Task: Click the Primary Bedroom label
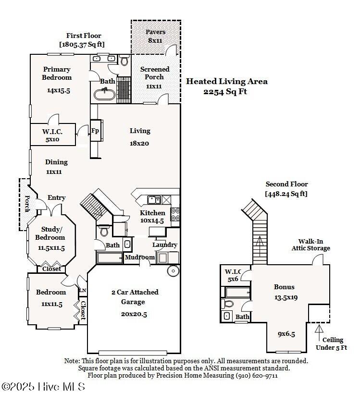tap(57, 74)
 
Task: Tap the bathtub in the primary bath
tap(104, 94)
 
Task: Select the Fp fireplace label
tap(95, 131)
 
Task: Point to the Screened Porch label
tap(154, 73)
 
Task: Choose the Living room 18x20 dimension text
tap(139, 143)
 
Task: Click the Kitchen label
tap(152, 213)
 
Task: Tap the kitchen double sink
tap(154, 200)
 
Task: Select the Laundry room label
tap(164, 245)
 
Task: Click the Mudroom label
tap(140, 258)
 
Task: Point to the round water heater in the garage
tap(173, 271)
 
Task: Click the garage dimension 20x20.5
tap(134, 313)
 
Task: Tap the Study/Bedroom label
tap(50, 233)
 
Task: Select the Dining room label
tap(56, 162)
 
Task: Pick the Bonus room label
tap(284, 287)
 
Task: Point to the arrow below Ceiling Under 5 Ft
tap(318, 330)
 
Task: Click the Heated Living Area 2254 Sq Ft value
tap(225, 92)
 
